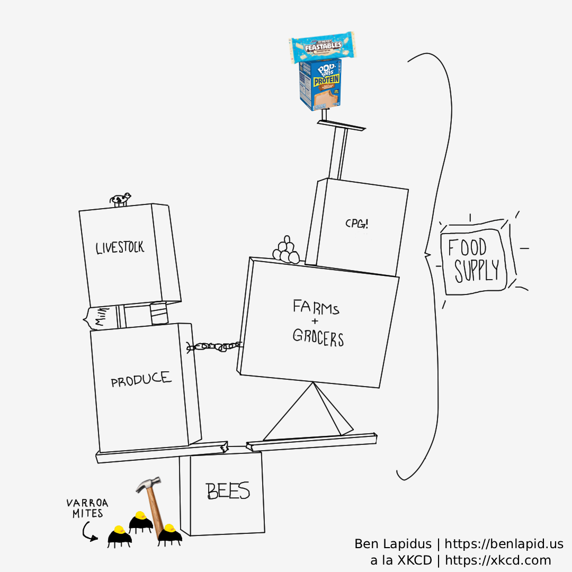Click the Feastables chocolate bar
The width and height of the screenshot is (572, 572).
coord(322,47)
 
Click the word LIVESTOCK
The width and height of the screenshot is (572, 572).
coord(120,248)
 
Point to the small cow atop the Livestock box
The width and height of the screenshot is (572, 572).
coord(120,199)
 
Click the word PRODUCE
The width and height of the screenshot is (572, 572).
coord(141,379)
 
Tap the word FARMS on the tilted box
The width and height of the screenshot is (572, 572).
coord(316,307)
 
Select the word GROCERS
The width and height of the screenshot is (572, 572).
coord(318,337)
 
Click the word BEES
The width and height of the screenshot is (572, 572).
coord(228,491)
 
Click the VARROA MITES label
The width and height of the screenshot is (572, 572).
coord(85,508)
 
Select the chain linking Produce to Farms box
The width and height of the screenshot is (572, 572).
coord(215,347)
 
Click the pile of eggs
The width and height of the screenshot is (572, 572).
coord(287,250)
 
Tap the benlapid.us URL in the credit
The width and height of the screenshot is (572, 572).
coord(504,544)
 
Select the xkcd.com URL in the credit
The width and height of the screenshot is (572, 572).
coord(498,560)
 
